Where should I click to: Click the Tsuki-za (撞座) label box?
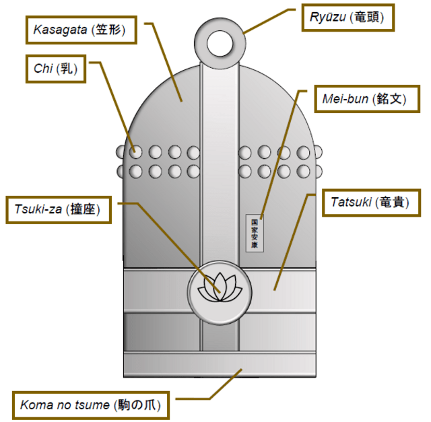click(57, 209)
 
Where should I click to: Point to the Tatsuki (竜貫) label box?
click(369, 201)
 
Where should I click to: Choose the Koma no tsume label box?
click(89, 405)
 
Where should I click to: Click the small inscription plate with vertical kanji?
click(255, 233)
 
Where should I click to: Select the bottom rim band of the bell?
click(220, 368)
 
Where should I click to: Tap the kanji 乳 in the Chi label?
click(68, 68)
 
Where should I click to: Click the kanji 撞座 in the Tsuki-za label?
click(86, 209)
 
